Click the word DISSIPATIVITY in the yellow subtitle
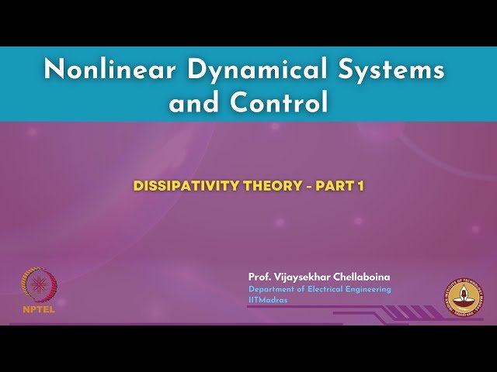point(182,186)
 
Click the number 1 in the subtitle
point(360,186)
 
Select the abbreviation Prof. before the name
point(259,277)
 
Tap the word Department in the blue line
point(272,289)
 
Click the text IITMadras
point(268,300)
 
